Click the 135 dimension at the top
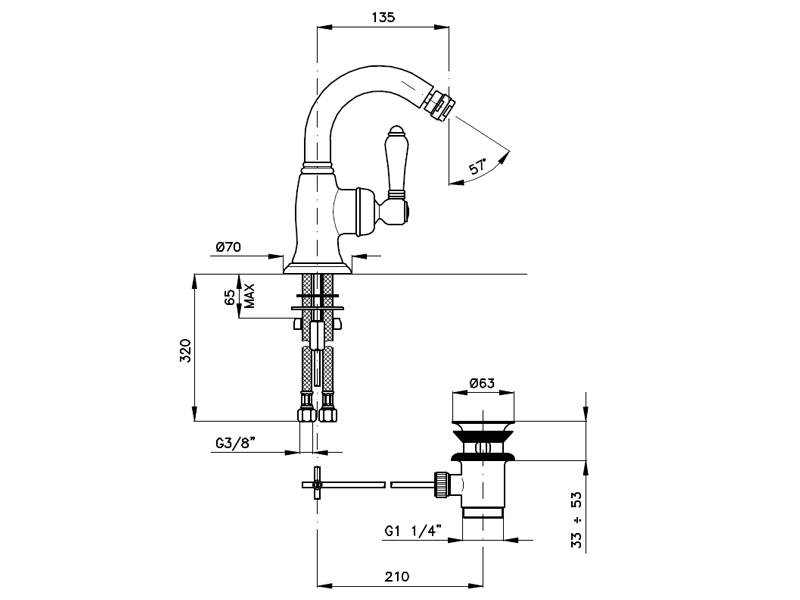pos(383,17)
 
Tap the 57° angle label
pos(478,166)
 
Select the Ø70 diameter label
pos(228,247)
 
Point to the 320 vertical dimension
pos(185,350)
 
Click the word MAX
pos(249,296)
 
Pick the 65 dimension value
pos(230,297)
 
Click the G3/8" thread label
pos(235,443)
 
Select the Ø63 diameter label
pos(482,383)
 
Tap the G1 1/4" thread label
pos(413,531)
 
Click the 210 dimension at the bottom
pos(397,577)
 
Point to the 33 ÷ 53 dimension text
pos(576,519)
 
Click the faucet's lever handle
pos(395,162)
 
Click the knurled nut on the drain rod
pos(441,484)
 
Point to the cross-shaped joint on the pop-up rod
pos(316,484)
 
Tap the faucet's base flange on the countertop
pos(318,268)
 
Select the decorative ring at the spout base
pos(318,166)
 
